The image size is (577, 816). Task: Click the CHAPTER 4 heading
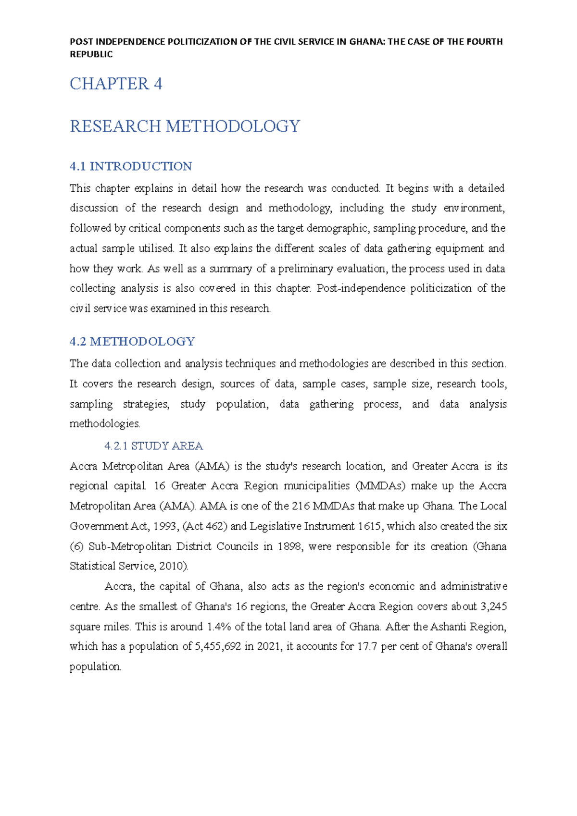(x=116, y=84)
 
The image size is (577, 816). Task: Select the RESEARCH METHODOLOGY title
(x=185, y=126)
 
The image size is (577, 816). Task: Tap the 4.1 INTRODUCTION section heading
(x=131, y=166)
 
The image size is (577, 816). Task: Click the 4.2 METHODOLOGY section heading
(x=132, y=342)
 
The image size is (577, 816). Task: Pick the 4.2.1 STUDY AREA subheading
(x=153, y=446)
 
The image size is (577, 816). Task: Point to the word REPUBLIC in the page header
(x=91, y=54)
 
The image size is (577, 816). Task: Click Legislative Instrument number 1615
(x=370, y=526)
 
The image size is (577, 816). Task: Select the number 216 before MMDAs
(x=301, y=506)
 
